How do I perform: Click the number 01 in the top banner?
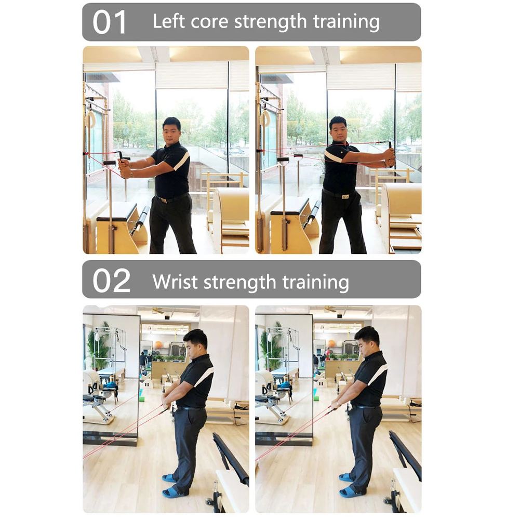point(110,22)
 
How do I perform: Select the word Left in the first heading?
point(169,22)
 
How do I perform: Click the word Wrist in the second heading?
point(175,282)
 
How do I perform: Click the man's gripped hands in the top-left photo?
point(125,167)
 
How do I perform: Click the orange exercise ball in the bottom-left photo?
point(158,344)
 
